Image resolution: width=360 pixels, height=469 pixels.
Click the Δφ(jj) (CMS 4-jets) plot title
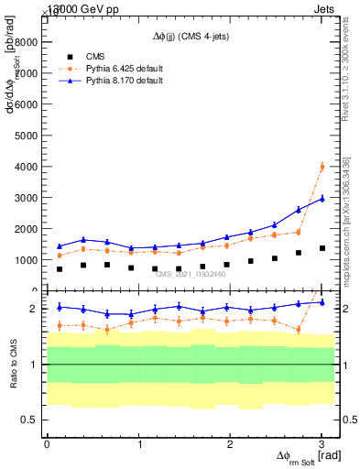click(x=191, y=38)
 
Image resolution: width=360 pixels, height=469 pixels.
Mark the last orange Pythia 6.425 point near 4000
click(x=322, y=167)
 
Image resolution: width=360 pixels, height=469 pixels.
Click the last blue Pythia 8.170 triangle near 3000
click(x=322, y=199)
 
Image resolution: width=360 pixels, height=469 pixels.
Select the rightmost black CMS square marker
click(x=322, y=248)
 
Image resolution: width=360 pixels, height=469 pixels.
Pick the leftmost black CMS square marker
click(x=60, y=269)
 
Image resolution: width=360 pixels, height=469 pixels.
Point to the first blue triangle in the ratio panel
click(x=60, y=307)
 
